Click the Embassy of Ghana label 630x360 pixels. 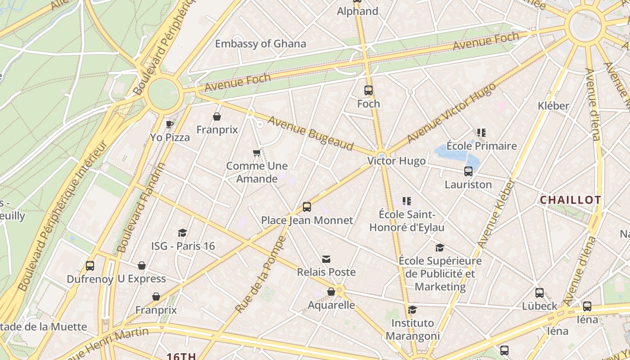261,44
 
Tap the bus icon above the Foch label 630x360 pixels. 369,90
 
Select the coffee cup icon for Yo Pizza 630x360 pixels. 170,124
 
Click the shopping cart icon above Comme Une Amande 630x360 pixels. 257,153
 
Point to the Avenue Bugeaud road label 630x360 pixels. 310,133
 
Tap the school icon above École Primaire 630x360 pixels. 481,133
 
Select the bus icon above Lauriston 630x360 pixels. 468,171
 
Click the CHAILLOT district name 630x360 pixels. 570,200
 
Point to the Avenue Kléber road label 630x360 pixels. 497,214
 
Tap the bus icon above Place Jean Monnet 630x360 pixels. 307,207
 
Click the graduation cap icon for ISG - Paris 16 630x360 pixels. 182,233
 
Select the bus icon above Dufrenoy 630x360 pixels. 90,266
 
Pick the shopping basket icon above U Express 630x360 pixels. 142,265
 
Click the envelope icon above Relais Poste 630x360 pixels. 326,259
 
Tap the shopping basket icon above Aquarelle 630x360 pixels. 331,292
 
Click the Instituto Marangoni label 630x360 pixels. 413,329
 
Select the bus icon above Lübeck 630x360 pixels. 540,293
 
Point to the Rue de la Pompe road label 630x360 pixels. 261,274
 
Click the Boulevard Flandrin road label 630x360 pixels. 141,207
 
